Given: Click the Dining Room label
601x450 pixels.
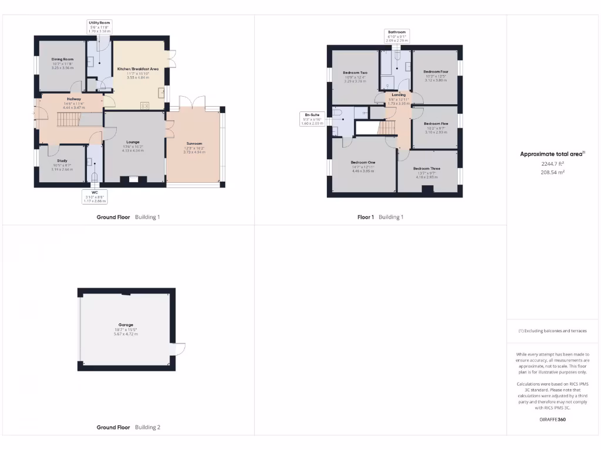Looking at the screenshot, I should [62, 59].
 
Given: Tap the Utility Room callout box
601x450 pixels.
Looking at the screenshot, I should [100, 25].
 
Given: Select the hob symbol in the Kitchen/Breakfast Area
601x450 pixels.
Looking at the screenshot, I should [144, 106].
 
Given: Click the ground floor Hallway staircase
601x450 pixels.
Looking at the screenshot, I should [67, 120].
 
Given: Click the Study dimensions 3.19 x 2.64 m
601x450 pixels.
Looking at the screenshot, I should [62, 169].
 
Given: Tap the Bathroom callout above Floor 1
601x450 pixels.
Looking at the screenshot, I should [397, 35].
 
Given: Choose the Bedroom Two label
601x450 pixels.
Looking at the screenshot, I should [354, 73].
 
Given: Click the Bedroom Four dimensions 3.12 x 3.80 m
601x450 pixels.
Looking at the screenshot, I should [435, 80].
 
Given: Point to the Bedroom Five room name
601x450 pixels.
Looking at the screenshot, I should [435, 124].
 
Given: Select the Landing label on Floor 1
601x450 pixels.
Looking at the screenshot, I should [399, 94].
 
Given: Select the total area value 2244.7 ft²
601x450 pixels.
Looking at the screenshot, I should [552, 165].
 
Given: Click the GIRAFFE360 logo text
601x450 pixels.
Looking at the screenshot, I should [552, 420].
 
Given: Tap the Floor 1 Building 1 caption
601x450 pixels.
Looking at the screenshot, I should [380, 217].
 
